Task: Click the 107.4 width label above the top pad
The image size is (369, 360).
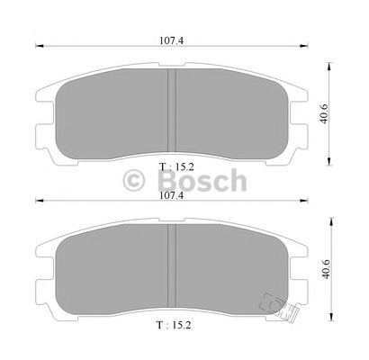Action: coord(171,40)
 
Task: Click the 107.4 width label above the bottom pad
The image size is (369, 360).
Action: coord(172,195)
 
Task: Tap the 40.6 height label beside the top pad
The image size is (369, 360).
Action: coord(324,113)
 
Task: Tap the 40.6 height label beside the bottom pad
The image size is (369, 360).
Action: coord(326,269)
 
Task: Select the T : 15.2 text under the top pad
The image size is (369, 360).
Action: coord(176,166)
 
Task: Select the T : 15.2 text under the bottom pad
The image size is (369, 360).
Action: coord(174,325)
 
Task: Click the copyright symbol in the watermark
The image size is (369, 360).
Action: coord(134,180)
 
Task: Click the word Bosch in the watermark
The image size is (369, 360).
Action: coord(202,180)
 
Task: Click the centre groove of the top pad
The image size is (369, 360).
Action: coord(171,110)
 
